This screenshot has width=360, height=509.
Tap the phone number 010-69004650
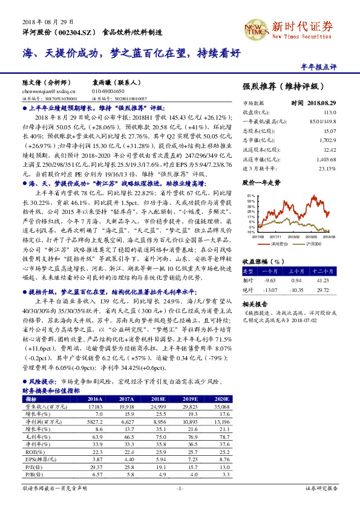[x=108, y=90]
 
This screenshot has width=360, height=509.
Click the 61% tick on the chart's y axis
[x=251, y=196]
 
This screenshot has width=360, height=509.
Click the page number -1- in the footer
[x=179, y=487]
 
